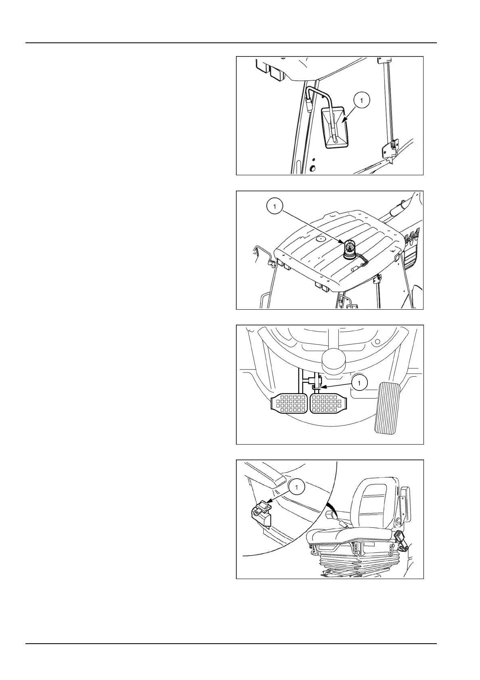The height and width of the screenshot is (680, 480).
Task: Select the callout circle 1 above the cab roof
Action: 275,206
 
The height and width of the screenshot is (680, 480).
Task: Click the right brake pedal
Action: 327,404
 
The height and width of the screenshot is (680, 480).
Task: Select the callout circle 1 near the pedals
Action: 359,382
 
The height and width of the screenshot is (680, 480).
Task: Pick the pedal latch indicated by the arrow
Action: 316,386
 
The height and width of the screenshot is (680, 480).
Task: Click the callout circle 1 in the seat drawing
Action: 296,487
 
